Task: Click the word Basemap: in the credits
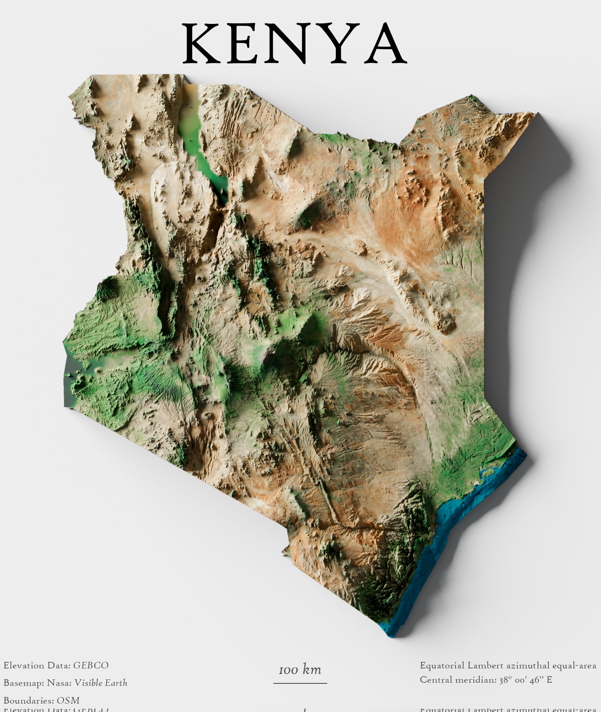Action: coord(24,683)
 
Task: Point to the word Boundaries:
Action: coord(29,700)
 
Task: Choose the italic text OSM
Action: coord(68,700)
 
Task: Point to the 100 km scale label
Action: coord(300,669)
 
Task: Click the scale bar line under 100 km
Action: coord(300,683)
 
